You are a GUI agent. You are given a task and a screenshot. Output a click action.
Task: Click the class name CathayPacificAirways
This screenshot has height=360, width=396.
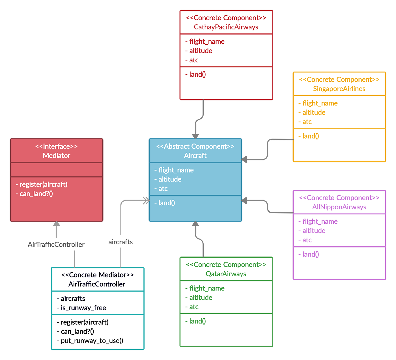tap(226, 27)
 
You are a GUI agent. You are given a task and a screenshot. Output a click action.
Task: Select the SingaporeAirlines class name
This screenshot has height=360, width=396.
tap(339, 89)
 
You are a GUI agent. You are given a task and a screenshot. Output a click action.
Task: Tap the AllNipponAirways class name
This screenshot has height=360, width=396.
tap(339, 207)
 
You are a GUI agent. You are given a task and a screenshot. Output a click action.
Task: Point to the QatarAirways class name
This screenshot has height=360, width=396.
tap(226, 274)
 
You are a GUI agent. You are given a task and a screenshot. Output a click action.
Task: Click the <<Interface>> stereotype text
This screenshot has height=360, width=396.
tap(56, 146)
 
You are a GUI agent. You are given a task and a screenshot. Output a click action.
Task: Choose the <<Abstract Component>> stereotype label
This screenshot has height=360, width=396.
tap(195, 146)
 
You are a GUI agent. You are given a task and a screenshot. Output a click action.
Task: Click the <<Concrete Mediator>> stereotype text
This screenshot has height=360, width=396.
tap(97, 275)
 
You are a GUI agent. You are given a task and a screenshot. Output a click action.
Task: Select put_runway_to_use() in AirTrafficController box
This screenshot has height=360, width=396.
tap(92, 341)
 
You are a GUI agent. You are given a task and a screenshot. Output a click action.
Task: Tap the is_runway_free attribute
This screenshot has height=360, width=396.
tap(83, 308)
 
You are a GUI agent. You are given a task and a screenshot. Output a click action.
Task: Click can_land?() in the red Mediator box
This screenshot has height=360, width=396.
tap(36, 194)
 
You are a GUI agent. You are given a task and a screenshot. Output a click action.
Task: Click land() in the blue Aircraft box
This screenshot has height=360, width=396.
tap(167, 203)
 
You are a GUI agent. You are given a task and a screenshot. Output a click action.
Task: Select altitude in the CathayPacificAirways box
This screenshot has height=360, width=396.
tap(201, 51)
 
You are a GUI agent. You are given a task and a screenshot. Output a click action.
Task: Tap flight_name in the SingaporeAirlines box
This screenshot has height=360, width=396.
tap(320, 103)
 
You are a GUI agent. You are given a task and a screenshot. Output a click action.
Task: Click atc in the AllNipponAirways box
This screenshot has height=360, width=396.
tap(307, 240)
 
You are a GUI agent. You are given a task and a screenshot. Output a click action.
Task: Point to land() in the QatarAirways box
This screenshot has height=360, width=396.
tap(197, 321)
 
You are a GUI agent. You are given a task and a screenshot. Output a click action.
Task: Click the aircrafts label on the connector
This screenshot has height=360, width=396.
tap(120, 242)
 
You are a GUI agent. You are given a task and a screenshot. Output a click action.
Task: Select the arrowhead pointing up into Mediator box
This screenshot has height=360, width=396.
tap(57, 224)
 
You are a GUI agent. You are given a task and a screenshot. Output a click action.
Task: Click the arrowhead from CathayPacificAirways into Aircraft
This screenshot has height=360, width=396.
tap(195, 135)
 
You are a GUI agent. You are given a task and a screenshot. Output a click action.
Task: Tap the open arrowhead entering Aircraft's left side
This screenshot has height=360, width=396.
tap(146, 201)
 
